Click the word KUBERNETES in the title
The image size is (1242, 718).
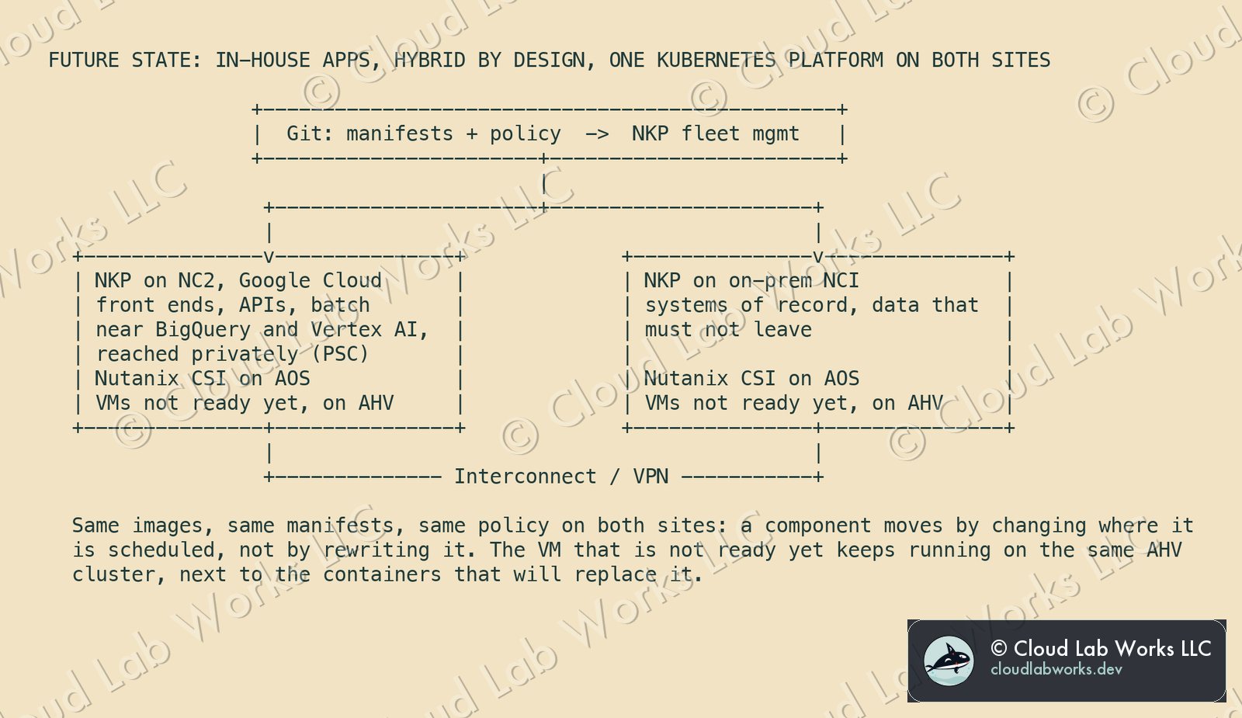[716, 60]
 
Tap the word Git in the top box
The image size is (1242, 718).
[310, 134]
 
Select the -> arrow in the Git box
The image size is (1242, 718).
[597, 134]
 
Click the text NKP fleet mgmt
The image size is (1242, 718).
[715, 134]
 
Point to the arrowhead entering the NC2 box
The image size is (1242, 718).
[269, 256]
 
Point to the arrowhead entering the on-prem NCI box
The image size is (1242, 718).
[818, 256]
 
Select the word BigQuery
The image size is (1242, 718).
[203, 330]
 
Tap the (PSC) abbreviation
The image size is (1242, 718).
[346, 354]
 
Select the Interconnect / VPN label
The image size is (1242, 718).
[561, 477]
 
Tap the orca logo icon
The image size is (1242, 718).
[948, 661]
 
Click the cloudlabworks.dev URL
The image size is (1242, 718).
[1056, 669]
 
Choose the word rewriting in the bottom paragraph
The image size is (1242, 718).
[376, 550]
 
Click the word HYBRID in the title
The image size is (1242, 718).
[430, 60]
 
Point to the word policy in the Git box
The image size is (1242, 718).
[525, 135]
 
